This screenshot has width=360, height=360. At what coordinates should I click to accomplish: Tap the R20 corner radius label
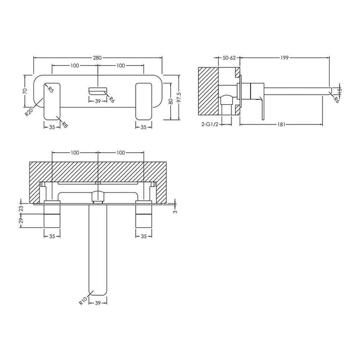tap(29, 111)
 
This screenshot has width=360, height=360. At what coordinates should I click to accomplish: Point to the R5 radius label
tap(50, 90)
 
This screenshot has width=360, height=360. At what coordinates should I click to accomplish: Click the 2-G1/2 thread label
tap(211, 124)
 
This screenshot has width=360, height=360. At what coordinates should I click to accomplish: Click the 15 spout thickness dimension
tap(339, 90)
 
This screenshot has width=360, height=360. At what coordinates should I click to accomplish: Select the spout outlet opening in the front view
tap(98, 91)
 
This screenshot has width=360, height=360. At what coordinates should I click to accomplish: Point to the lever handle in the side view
tap(264, 107)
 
